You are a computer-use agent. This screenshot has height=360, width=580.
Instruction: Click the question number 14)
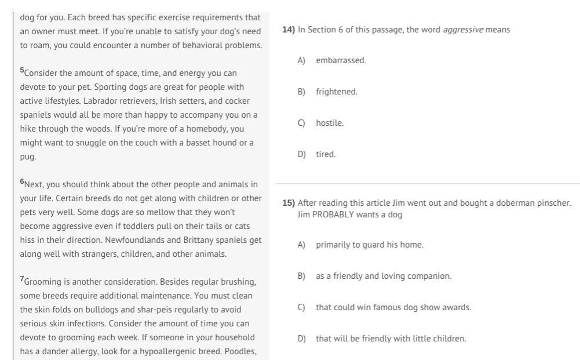pos(289,30)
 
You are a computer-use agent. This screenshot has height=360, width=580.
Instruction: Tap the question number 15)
pos(289,203)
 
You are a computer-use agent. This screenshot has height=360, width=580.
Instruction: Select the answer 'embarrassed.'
pos(341,60)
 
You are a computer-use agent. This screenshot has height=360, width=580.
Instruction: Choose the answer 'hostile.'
pos(330,123)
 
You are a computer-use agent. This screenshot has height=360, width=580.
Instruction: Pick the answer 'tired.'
pos(326,154)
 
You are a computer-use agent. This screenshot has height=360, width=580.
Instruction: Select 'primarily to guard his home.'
pos(369,245)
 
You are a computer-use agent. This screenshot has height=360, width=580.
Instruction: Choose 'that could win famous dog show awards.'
pos(393,307)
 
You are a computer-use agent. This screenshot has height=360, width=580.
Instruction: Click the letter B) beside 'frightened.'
pos(301,92)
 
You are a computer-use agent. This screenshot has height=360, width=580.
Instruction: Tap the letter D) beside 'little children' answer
pos(301,339)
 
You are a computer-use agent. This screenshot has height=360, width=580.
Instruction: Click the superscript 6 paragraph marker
pos(22,182)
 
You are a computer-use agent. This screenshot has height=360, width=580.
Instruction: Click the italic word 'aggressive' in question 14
pos(463,30)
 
